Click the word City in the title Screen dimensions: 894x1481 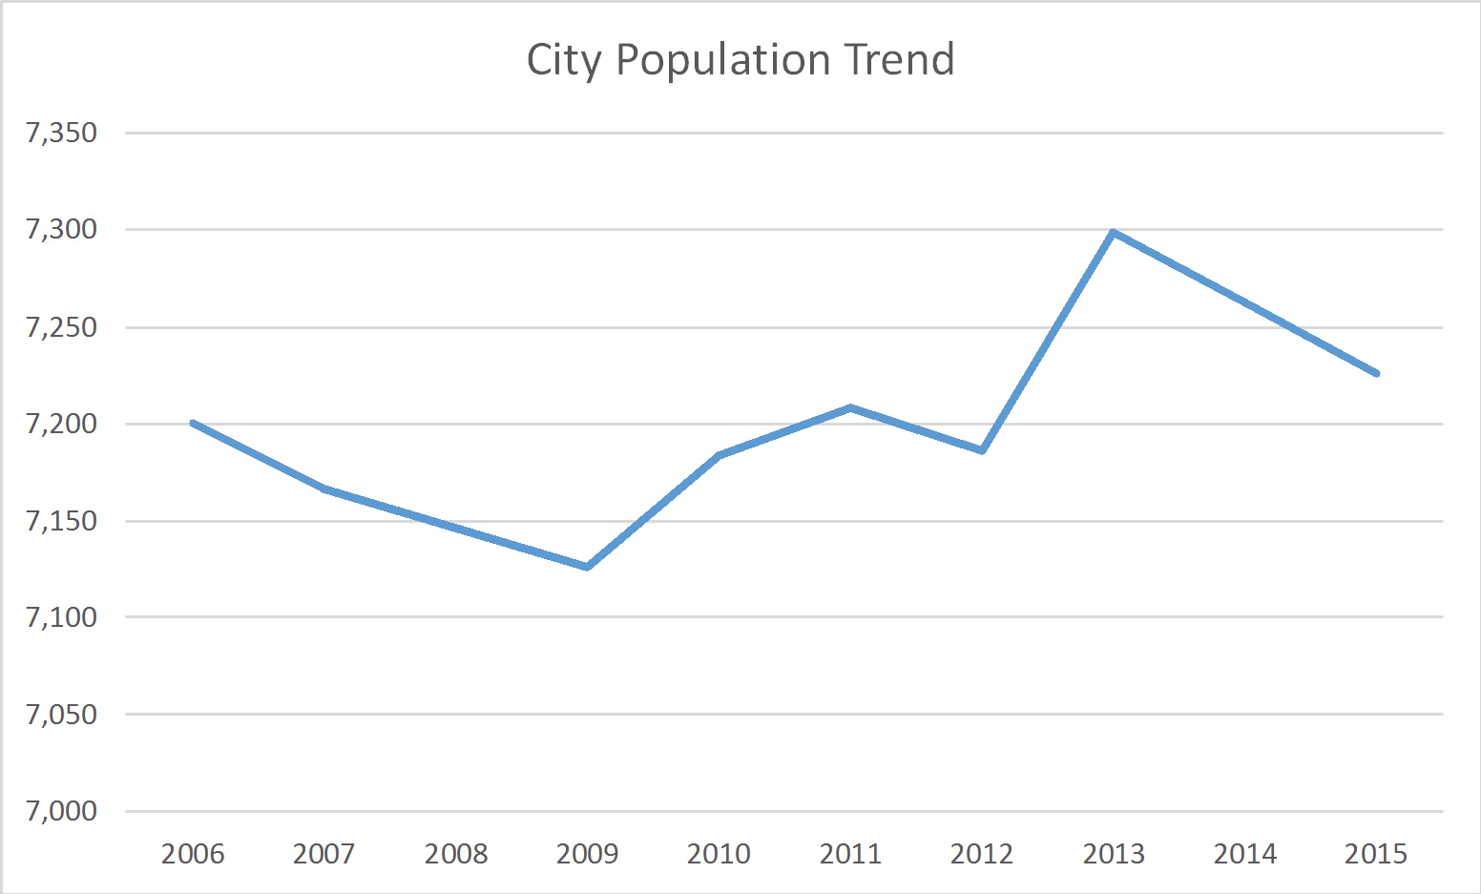tap(564, 60)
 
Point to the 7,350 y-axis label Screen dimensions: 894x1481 tap(62, 133)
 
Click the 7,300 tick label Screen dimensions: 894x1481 tap(62, 229)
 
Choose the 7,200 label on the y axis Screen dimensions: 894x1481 tap(62, 424)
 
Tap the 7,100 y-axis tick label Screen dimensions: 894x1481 tap(62, 617)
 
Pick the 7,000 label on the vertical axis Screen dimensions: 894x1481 tap(62, 811)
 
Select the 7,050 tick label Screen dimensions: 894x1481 tap(62, 714)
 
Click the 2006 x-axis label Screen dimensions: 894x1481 tap(193, 853)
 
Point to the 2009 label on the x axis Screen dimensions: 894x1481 tap(587, 853)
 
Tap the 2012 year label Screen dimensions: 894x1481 tap(981, 853)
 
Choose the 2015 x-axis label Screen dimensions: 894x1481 tap(1375, 853)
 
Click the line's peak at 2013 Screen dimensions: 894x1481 tap(1113, 232)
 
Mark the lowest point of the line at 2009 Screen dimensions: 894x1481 tap(587, 567)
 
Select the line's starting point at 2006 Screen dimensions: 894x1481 tap(193, 422)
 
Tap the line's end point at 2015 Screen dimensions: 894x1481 tap(1376, 373)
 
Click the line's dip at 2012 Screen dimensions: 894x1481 tap(981, 450)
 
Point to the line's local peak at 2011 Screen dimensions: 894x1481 tap(850, 407)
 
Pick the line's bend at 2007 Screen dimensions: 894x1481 tap(324, 489)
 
